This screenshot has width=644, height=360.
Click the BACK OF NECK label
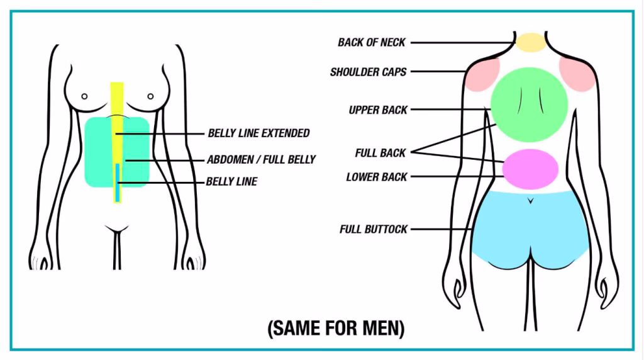[x=372, y=43]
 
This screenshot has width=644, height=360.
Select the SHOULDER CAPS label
[x=368, y=72]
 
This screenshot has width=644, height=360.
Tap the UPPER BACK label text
[x=378, y=110]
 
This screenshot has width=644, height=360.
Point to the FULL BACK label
[x=380, y=152]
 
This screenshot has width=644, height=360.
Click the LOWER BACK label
[x=377, y=177]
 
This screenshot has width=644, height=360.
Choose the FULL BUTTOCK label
[x=374, y=229]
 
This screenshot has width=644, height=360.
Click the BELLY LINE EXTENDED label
[x=258, y=133]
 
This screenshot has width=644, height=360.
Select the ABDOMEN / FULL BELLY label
[x=261, y=160]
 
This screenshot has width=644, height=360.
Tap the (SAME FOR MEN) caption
[x=336, y=328]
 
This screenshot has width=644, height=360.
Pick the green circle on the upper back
[x=529, y=104]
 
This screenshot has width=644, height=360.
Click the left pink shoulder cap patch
[x=484, y=72]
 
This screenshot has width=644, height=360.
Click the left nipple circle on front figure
[x=84, y=97]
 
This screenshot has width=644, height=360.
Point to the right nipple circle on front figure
[x=151, y=96]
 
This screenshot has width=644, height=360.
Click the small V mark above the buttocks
[x=531, y=201]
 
